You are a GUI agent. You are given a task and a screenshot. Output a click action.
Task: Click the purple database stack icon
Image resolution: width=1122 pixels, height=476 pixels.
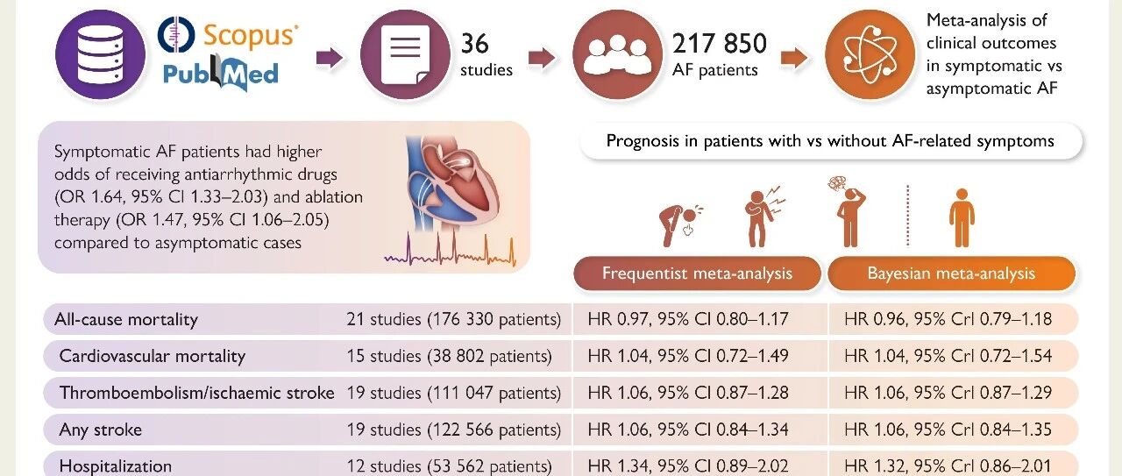pyautogui.click(x=100, y=54)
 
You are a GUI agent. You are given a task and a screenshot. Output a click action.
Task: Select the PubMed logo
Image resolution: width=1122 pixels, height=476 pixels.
pyautogui.click(x=221, y=73)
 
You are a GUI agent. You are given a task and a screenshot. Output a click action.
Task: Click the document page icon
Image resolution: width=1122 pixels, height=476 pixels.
pyautogui.click(x=405, y=54)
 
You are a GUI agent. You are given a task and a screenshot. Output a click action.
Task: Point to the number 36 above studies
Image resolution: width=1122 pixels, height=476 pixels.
pyautogui.click(x=474, y=44)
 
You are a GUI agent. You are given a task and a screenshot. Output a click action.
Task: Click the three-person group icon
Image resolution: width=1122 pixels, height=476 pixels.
pyautogui.click(x=618, y=54)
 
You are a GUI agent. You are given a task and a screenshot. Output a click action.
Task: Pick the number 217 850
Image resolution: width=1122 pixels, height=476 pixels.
pyautogui.click(x=720, y=44)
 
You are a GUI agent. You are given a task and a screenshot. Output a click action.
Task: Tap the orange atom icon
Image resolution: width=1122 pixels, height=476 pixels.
pyautogui.click(x=870, y=54)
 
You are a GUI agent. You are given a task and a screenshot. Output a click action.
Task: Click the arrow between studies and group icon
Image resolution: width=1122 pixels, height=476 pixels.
pyautogui.click(x=542, y=58)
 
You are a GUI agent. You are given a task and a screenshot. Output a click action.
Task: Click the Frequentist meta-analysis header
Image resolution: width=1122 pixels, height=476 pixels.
pyautogui.click(x=697, y=274)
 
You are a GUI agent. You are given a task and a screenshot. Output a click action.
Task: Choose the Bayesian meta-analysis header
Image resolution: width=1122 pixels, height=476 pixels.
pyautogui.click(x=951, y=274)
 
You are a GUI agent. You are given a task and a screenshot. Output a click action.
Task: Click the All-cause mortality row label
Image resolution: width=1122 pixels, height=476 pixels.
pyautogui.click(x=126, y=319)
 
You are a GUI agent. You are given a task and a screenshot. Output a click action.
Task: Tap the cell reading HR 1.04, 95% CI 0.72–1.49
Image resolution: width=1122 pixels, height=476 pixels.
pyautogui.click(x=688, y=356)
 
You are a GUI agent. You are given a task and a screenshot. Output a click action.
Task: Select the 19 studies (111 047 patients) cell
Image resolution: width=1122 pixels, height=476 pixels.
pyautogui.click(x=454, y=393)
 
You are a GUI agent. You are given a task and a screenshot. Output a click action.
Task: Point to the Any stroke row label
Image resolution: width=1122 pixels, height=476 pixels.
pyautogui.click(x=100, y=430)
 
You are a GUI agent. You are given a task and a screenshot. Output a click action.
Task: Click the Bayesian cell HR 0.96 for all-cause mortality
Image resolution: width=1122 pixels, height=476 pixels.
pyautogui.click(x=948, y=319)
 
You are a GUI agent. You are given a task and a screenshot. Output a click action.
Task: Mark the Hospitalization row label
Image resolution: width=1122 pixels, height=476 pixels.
pyautogui.click(x=115, y=466)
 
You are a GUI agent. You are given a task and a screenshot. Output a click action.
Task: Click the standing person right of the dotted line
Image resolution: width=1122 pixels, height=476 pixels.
pyautogui.click(x=962, y=218)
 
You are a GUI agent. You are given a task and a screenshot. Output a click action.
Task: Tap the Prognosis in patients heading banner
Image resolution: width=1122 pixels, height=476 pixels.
pyautogui.click(x=830, y=141)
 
